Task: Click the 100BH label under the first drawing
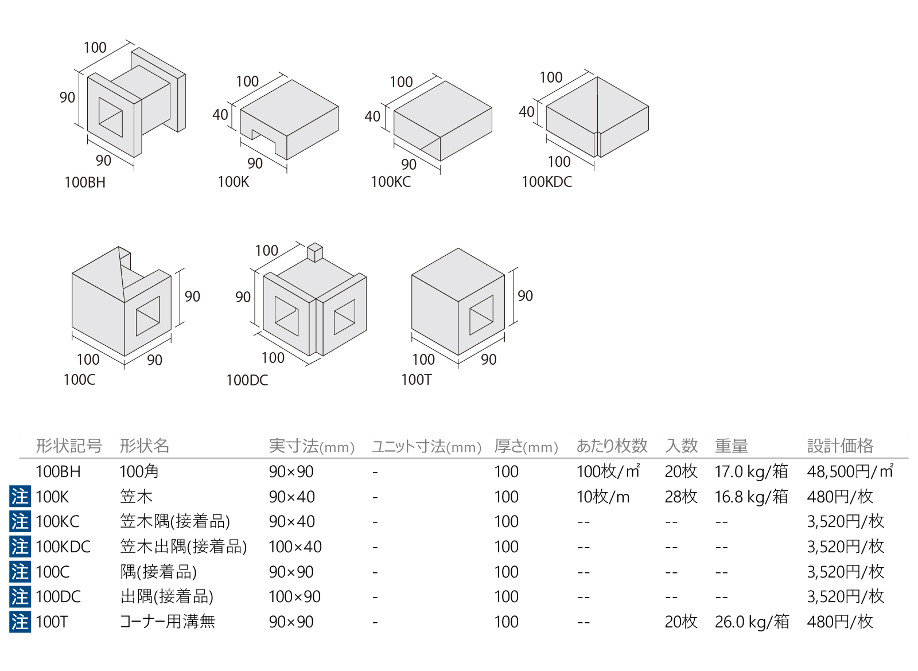[x=85, y=182]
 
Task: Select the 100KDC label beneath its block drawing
[x=547, y=182]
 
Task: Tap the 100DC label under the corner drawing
[x=247, y=380]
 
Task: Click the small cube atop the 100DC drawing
[x=315, y=252]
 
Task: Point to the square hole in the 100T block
[x=481, y=315]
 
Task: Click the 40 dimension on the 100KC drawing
[x=372, y=116]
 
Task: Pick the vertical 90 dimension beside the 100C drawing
[x=192, y=297]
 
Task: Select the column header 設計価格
[x=840, y=446]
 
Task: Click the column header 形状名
[x=144, y=446]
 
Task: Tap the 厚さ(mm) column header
[x=526, y=446]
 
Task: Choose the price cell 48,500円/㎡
[x=850, y=471]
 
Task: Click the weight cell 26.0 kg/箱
[x=752, y=622]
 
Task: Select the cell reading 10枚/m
[x=603, y=497]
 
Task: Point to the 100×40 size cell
[x=295, y=547]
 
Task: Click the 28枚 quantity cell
[x=681, y=497]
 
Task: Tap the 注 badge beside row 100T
[x=20, y=622]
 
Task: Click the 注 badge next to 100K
[x=20, y=497]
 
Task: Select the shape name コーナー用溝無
[x=167, y=622]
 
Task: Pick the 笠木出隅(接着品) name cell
[x=183, y=547]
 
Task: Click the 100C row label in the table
[x=52, y=572]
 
